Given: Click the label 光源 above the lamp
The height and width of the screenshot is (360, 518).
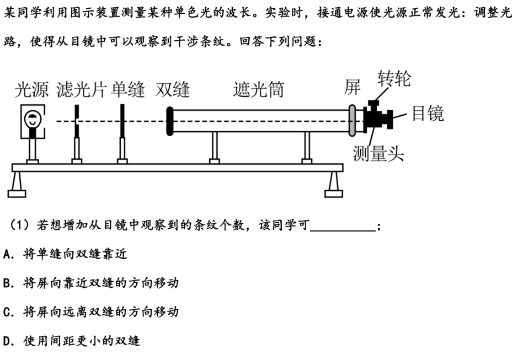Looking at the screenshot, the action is [x=31, y=89].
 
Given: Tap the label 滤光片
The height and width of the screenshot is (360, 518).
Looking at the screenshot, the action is [x=82, y=89].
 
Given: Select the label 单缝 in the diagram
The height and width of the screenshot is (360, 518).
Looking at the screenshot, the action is [x=127, y=89].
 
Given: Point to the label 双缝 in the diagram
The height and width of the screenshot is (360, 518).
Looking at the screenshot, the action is [x=173, y=89].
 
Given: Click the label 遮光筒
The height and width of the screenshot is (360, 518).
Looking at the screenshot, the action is [x=258, y=89].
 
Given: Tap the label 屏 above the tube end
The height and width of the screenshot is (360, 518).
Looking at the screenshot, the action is [x=352, y=87].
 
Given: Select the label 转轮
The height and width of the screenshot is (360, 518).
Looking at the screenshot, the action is [x=394, y=78].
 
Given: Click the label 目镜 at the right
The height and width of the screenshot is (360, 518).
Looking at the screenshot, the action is [x=428, y=113].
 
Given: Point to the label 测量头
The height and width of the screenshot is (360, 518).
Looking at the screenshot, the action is [x=378, y=154].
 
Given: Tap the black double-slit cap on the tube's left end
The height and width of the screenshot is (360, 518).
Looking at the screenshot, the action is [x=170, y=121].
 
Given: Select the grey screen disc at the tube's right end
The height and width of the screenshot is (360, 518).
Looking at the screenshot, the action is [x=352, y=121].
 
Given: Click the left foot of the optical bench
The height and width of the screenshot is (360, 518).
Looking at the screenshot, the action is [x=17, y=185].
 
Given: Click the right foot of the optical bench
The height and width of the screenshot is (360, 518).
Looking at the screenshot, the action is [x=334, y=185].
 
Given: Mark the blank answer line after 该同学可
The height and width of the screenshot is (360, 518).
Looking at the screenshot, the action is [x=343, y=230].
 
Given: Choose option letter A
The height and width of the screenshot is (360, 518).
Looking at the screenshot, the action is [x=7, y=254].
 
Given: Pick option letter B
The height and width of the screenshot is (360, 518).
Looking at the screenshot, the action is [x=7, y=283].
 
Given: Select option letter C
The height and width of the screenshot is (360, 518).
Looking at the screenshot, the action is [x=7, y=312].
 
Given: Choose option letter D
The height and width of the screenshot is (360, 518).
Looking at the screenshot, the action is [x=7, y=341].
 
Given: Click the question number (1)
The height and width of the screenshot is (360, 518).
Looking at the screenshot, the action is [x=19, y=225].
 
